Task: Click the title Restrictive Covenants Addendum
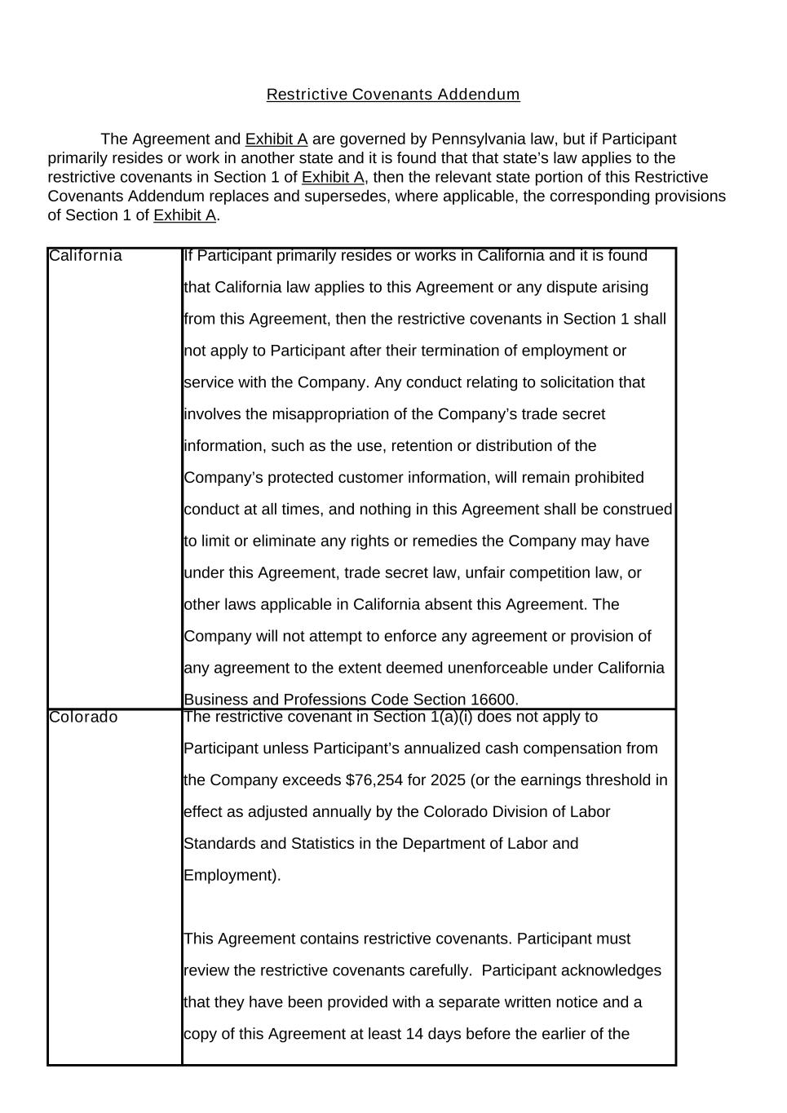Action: (x=393, y=95)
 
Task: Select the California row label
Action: (x=86, y=256)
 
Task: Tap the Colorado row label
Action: (x=83, y=718)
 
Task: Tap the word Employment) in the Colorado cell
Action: (x=232, y=876)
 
